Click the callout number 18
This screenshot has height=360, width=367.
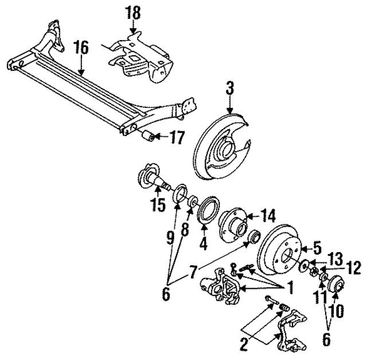pos(133,11)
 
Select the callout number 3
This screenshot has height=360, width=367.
pos(229,89)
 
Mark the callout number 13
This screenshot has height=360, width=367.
pos(335,257)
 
